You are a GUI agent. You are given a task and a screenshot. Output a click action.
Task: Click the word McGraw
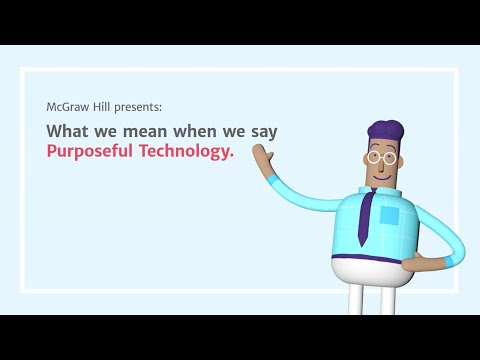click(67, 106)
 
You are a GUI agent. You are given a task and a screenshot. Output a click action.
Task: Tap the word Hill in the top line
click(103, 106)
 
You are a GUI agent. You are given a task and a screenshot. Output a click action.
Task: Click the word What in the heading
click(67, 131)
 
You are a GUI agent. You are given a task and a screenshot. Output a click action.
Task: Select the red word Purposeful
click(89, 153)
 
